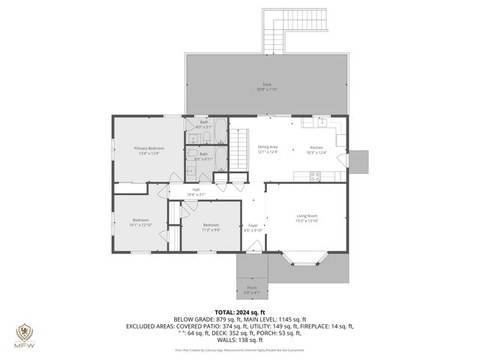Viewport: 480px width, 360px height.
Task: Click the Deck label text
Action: (x=267, y=86)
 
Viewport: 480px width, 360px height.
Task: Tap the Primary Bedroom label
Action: (x=148, y=151)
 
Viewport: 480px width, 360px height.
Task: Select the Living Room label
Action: (x=307, y=217)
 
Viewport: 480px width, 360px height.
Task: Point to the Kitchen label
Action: (x=317, y=149)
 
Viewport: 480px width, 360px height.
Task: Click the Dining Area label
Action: (x=268, y=149)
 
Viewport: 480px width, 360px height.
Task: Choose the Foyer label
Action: (x=254, y=227)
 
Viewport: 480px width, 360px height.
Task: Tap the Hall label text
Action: (x=196, y=192)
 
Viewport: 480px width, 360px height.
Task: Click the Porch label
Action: (x=251, y=289)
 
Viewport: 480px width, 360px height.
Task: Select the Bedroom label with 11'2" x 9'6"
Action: (x=211, y=226)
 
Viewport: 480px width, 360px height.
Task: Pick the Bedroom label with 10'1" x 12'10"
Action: (x=141, y=222)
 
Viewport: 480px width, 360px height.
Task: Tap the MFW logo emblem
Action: (x=24, y=332)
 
